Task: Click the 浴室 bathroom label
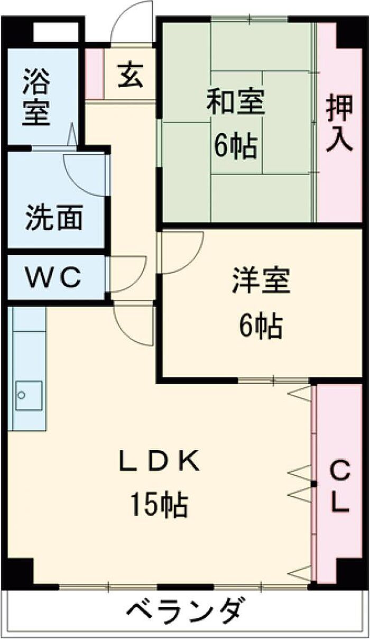point(36,97)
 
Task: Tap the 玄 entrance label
point(129,75)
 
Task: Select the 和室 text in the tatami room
point(235,103)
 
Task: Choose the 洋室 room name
point(261,282)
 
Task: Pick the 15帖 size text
point(159,506)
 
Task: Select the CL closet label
point(340,485)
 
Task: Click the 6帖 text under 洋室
point(260,326)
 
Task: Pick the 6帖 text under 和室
point(235,146)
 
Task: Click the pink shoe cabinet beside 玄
point(94,74)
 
